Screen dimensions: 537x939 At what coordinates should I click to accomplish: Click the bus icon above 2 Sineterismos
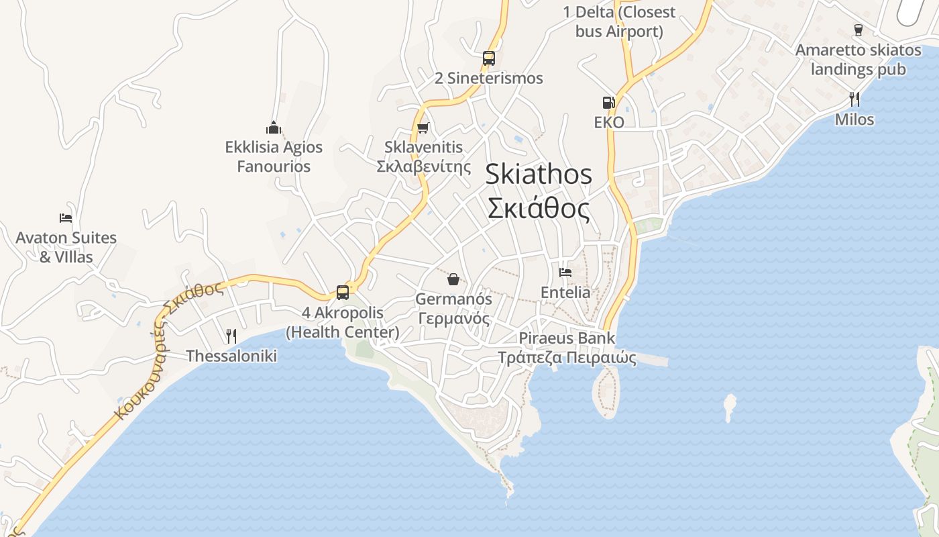488,58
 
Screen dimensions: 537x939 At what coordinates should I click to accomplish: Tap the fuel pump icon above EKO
608,103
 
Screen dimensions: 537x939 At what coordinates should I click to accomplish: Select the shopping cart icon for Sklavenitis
423,128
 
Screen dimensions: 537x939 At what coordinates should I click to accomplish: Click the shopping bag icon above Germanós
453,279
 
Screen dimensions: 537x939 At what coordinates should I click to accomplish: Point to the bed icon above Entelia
565,273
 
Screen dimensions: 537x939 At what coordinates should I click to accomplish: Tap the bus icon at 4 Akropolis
342,293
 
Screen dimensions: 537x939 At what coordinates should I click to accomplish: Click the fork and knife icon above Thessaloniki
231,336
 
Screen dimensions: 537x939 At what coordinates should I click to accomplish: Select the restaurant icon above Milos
854,99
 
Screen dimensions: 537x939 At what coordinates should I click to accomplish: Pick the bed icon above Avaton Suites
65,218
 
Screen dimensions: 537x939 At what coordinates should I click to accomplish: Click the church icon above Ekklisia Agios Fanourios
273,128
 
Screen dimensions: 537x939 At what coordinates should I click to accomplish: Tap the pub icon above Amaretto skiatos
858,30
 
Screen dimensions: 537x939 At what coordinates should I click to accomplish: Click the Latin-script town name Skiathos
539,175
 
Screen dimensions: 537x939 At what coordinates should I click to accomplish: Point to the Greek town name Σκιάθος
539,209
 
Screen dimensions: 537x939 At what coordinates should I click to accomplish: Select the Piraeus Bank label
567,338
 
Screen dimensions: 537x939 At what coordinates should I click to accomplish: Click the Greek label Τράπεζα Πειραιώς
567,357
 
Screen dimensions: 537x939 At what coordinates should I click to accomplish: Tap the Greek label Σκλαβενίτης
424,166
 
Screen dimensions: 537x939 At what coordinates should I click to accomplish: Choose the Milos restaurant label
854,119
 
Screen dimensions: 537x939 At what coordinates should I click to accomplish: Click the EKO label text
609,122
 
